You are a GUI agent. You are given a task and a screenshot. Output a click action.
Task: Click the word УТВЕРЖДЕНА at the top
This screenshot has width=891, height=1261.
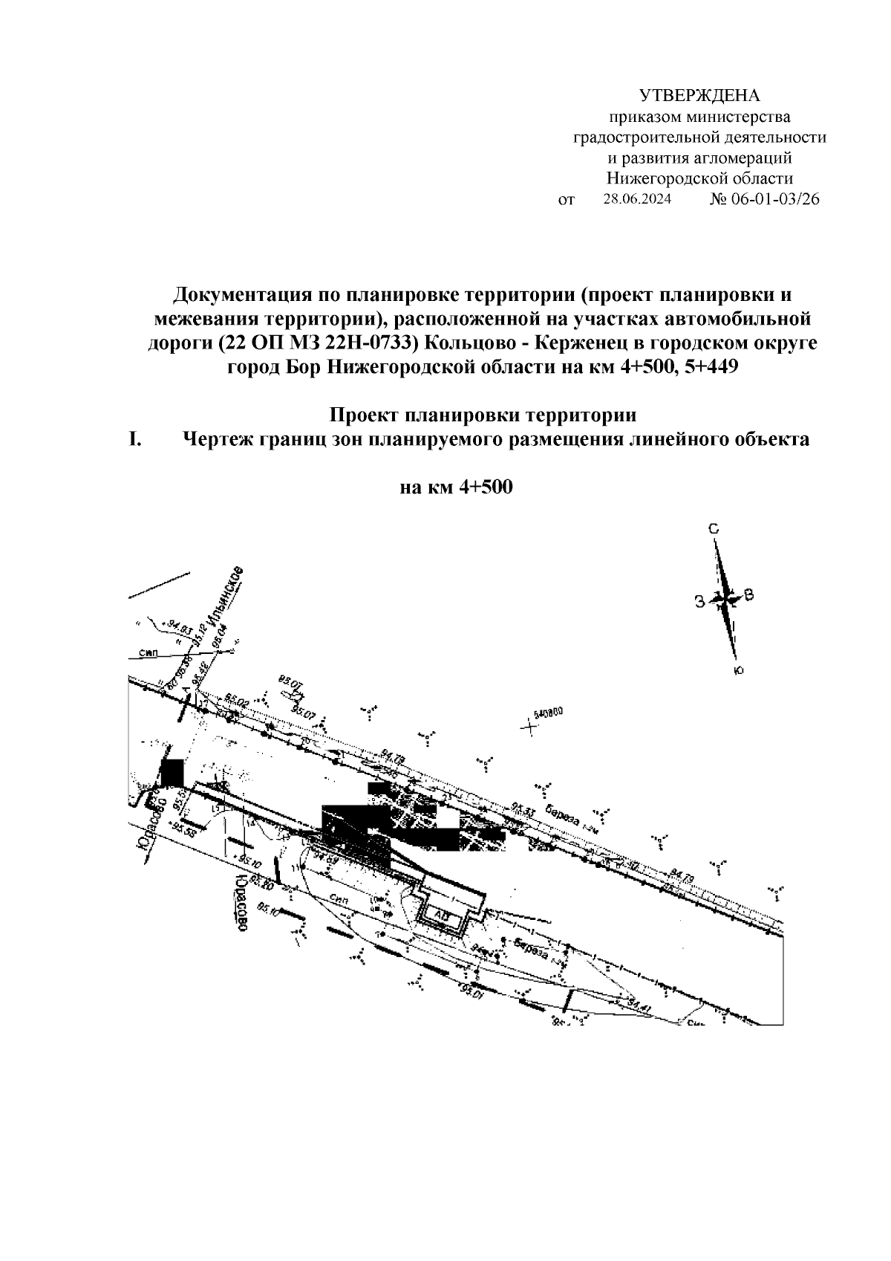(x=700, y=96)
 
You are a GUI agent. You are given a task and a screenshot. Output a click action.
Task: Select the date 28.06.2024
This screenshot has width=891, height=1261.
(x=637, y=199)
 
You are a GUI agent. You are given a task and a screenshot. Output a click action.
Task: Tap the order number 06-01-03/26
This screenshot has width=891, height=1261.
(x=775, y=199)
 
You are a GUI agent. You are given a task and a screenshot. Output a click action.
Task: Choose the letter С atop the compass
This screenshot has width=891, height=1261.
(x=714, y=530)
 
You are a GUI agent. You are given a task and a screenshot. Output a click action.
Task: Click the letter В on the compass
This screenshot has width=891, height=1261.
(x=749, y=594)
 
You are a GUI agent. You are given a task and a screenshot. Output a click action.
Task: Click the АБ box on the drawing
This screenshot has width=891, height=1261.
(x=442, y=915)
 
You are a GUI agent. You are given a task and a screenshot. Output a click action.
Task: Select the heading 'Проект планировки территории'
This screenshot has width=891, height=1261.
(x=483, y=415)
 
